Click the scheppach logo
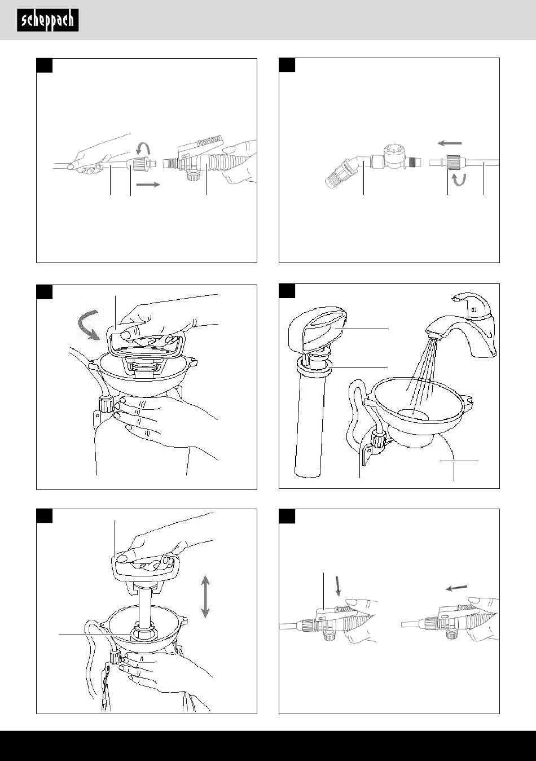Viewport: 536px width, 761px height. click(48, 20)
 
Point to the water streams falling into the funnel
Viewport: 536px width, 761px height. click(420, 373)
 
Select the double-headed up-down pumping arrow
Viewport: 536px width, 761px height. click(205, 596)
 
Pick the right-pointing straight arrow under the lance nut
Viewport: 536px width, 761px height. click(148, 185)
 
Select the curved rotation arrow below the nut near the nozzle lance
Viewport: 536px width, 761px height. click(459, 180)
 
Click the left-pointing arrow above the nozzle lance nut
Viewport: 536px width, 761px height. click(450, 143)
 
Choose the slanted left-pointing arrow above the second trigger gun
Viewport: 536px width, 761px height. click(456, 588)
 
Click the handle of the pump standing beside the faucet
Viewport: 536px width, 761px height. click(318, 329)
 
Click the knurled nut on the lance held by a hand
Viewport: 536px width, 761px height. click(138, 164)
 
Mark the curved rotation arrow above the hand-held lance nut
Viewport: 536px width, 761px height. click(143, 148)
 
